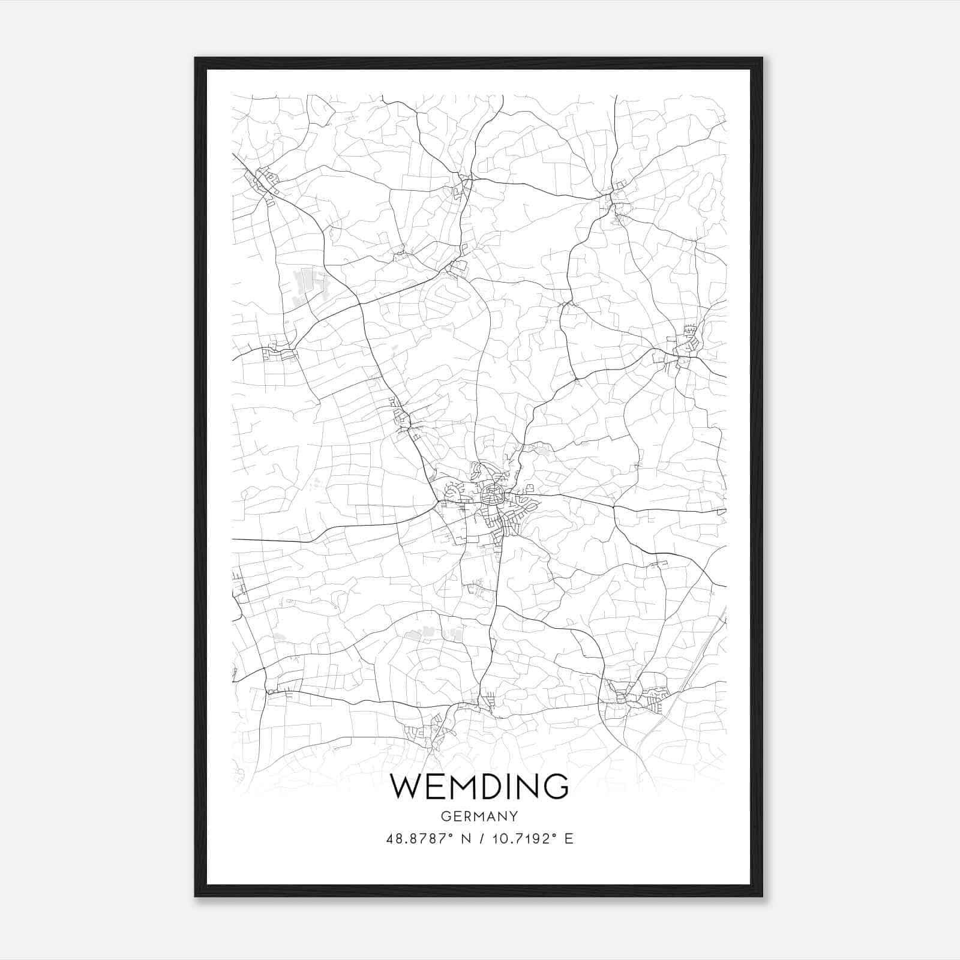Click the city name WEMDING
[479, 787]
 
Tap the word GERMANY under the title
[479, 817]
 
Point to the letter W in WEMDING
[406, 787]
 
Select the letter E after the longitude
[569, 839]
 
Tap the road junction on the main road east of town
[614, 507]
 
